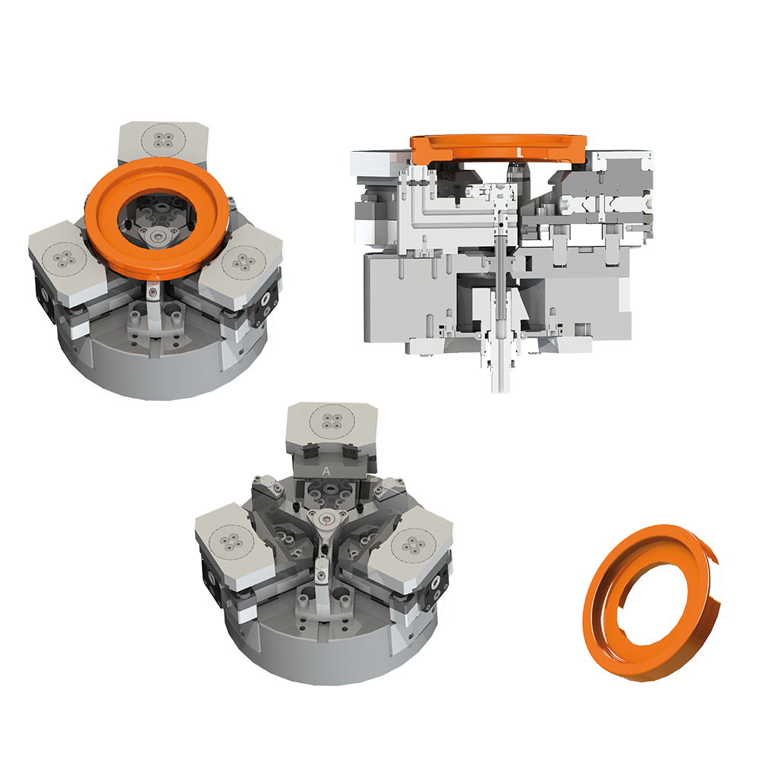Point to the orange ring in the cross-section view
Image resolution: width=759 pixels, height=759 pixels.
click(x=499, y=143)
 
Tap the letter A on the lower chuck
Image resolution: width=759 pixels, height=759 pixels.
click(x=326, y=471)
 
